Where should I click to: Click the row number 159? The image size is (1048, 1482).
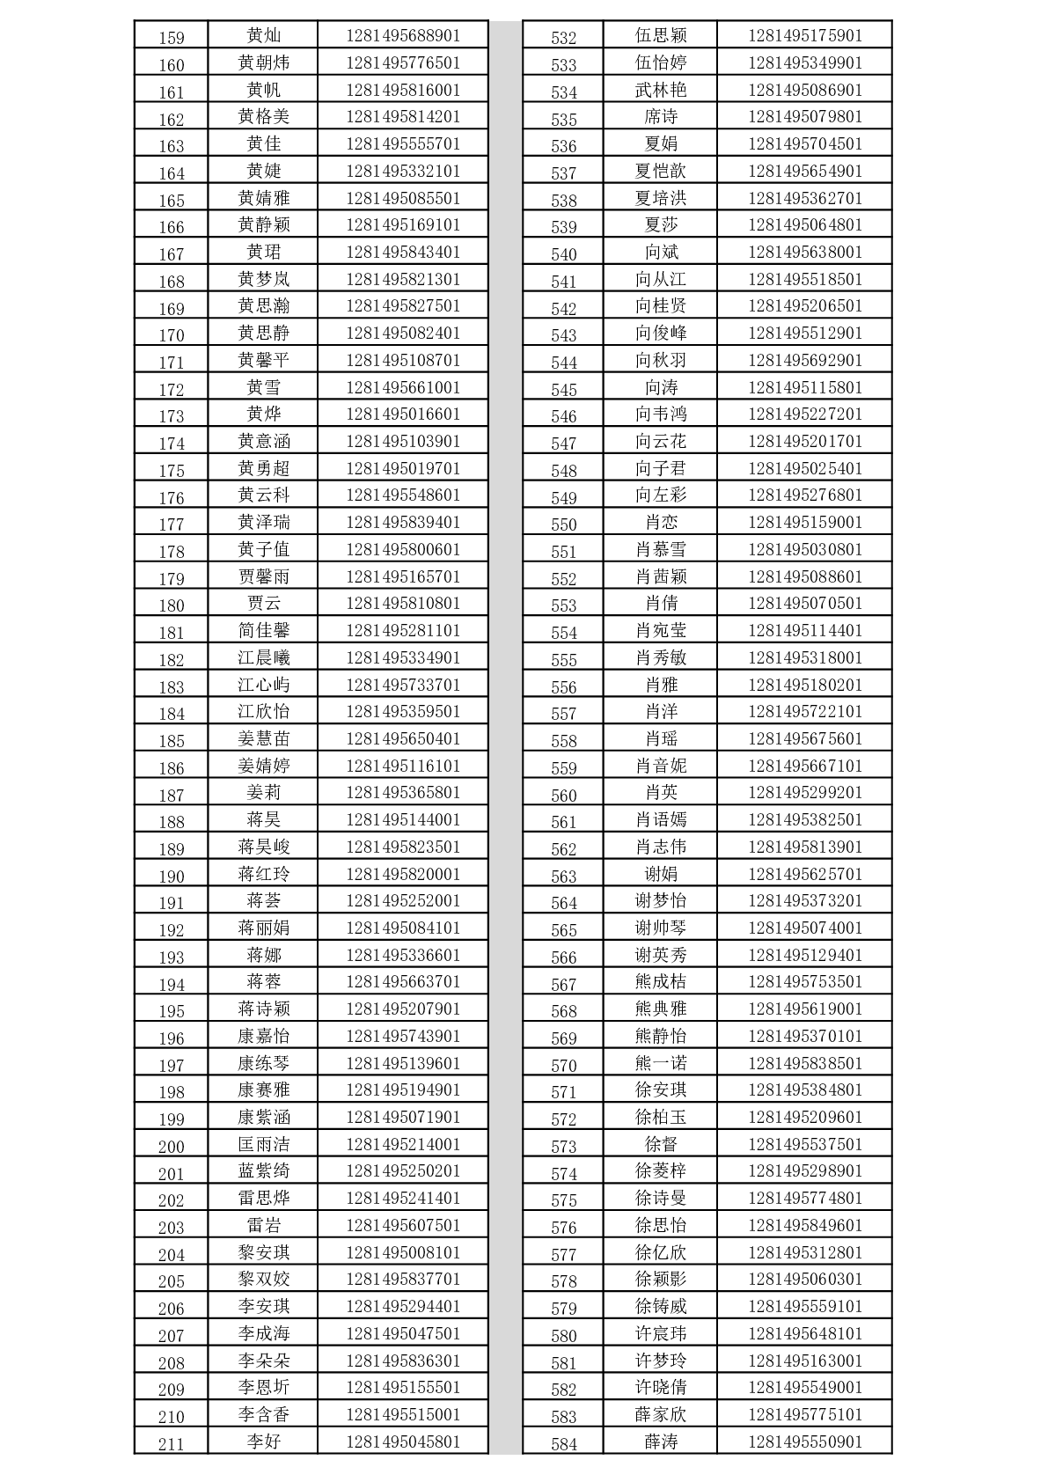pos(171,37)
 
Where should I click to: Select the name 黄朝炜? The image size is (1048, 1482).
pos(263,62)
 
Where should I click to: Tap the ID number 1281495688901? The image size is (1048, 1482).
pos(403,35)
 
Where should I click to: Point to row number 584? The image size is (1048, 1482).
pos(563,1444)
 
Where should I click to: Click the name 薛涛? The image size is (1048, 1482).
pos(660,1442)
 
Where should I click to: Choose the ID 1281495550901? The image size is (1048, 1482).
pos(805,1442)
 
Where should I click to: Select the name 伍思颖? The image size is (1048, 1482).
pos(660,35)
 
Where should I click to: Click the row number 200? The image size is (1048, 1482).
pos(171,1147)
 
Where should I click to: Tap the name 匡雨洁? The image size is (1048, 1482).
pos(263,1144)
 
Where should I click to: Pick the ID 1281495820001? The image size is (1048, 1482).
pos(403,874)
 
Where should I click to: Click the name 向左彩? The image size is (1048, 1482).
pos(660,495)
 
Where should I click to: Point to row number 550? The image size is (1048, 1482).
pos(563,525)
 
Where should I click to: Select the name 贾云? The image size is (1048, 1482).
pos(263,603)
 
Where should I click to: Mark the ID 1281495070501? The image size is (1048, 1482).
pos(805,603)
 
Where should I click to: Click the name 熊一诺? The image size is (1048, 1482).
pos(660,1063)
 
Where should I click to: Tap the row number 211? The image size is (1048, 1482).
pos(171,1444)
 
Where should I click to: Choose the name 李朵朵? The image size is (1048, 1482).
pos(263,1361)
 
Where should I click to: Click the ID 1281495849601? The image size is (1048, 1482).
pos(805,1225)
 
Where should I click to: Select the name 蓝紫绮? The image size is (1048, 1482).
pos(263,1170)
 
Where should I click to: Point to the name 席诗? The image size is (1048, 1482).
pos(660,116)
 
